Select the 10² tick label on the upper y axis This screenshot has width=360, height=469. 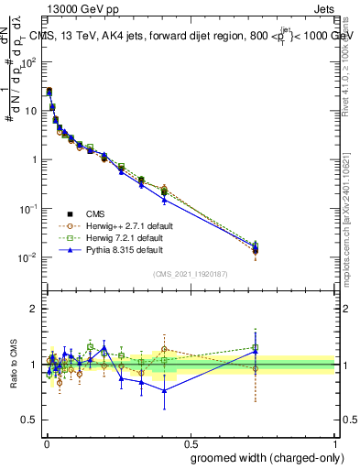(x=29, y=62)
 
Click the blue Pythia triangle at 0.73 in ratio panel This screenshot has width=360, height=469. (x=255, y=351)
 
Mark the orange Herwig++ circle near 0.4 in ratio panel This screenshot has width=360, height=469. (x=164, y=349)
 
